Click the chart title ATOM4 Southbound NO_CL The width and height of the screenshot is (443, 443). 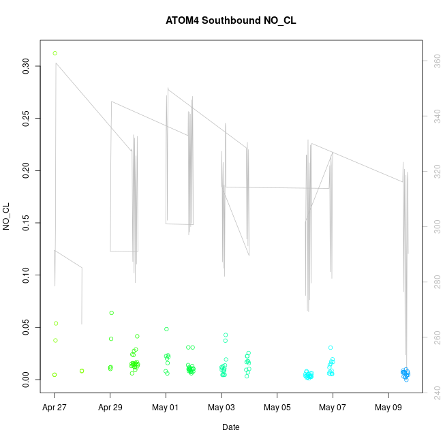[x=230, y=20]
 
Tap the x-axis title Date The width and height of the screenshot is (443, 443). [x=230, y=427]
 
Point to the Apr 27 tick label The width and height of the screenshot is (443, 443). [x=55, y=408]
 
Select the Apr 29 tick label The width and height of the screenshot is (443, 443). [x=110, y=408]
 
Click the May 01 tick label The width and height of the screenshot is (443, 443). [x=166, y=408]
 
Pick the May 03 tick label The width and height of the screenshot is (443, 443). [x=221, y=408]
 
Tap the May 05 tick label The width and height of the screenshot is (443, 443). [x=277, y=408]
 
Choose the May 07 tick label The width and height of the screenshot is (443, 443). [x=333, y=408]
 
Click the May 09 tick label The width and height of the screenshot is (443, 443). [x=388, y=408]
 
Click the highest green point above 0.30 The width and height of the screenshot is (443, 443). [x=55, y=53]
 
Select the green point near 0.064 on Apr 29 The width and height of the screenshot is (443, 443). [x=111, y=313]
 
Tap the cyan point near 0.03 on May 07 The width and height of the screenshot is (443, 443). [x=331, y=348]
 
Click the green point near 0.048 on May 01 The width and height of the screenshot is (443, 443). [x=166, y=329]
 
